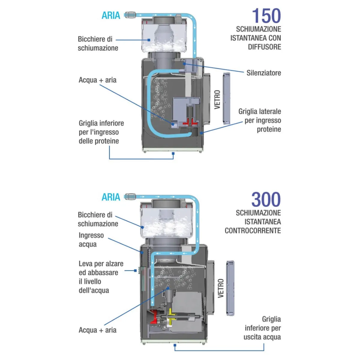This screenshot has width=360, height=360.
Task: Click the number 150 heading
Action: click(x=266, y=16)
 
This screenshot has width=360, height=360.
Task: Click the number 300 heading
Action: click(x=266, y=199)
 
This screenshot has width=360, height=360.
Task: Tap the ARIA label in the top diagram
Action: click(x=111, y=15)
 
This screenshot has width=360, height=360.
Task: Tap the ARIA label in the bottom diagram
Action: click(x=111, y=197)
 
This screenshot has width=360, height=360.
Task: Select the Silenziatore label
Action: click(x=264, y=73)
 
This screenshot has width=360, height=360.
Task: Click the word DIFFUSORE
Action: click(x=264, y=47)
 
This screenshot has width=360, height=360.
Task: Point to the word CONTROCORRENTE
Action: click(x=253, y=231)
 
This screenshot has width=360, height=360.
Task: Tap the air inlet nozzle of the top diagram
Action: click(x=130, y=15)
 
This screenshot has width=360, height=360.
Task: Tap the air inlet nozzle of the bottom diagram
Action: click(x=130, y=197)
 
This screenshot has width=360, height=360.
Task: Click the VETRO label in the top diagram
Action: click(x=217, y=100)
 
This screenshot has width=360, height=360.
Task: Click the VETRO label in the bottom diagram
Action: click(x=220, y=288)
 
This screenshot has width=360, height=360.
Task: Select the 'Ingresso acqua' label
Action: click(x=91, y=240)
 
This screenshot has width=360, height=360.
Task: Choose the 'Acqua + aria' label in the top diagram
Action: click(x=97, y=80)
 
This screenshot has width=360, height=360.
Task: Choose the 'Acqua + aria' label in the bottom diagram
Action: click(x=97, y=330)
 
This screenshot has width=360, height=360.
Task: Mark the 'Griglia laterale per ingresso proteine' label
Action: click(x=259, y=120)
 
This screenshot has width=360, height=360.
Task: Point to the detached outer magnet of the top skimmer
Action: click(x=226, y=99)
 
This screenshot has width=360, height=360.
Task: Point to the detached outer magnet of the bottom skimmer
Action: click(x=230, y=288)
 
